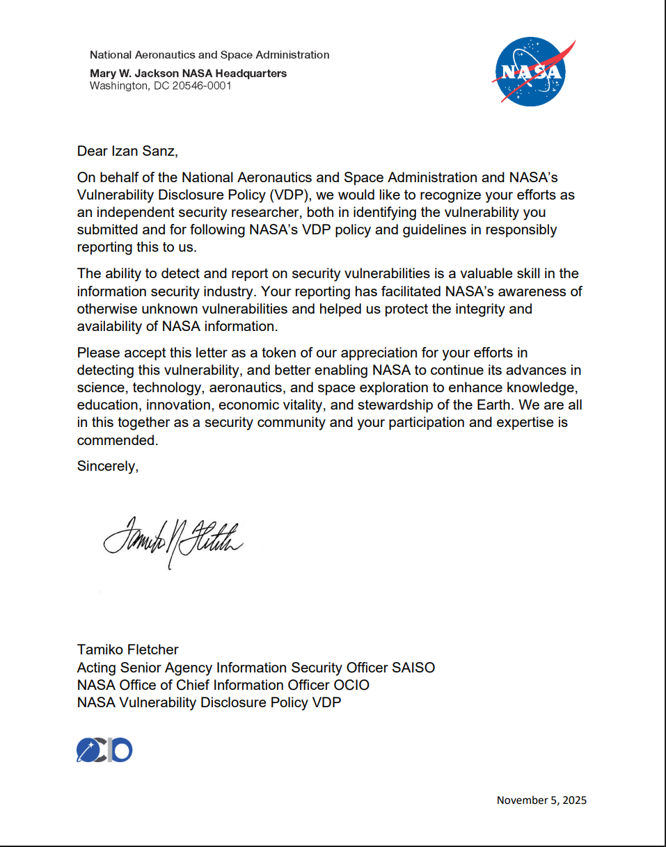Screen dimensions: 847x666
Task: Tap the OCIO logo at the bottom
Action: pyautogui.click(x=104, y=750)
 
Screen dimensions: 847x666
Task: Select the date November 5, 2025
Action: pyautogui.click(x=541, y=800)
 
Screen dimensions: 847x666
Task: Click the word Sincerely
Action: pyautogui.click(x=107, y=467)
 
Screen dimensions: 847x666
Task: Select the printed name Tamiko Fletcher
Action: pyautogui.click(x=127, y=650)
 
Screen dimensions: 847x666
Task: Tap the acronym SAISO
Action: pyautogui.click(x=413, y=668)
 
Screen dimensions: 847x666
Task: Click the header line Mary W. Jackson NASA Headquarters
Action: pyautogui.click(x=188, y=74)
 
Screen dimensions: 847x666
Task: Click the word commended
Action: pyautogui.click(x=117, y=440)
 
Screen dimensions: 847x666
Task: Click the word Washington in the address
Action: pyautogui.click(x=116, y=86)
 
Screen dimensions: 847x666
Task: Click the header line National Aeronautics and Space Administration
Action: pyautogui.click(x=209, y=55)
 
